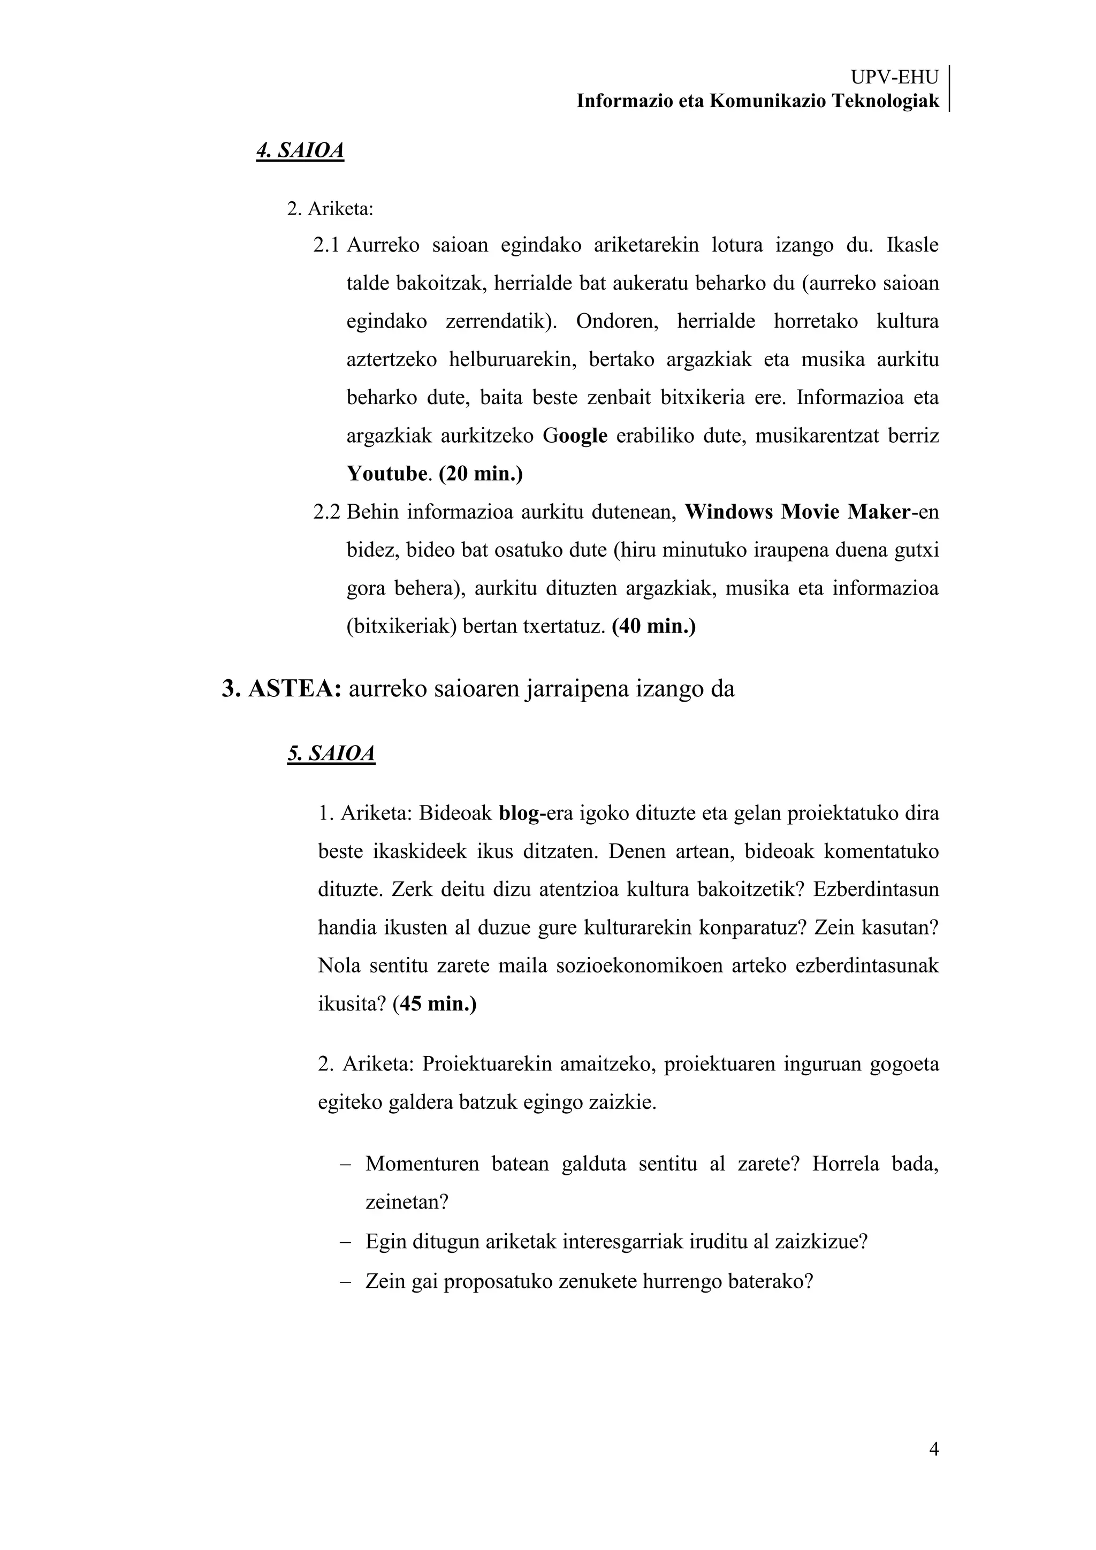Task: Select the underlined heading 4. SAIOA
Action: [300, 150]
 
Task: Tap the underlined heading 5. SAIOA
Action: [331, 754]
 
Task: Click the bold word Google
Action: [575, 436]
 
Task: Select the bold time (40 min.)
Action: [653, 627]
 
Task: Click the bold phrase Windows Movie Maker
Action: [796, 512]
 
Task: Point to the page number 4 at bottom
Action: [934, 1449]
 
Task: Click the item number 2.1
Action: [326, 245]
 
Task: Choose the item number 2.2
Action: [326, 512]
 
